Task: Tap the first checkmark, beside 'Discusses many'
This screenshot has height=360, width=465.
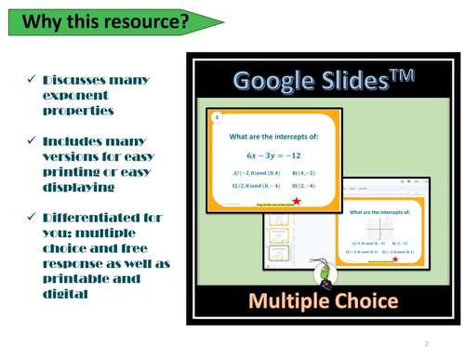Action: pyautogui.click(x=33, y=81)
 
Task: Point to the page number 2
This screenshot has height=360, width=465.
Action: pyautogui.click(x=425, y=342)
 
